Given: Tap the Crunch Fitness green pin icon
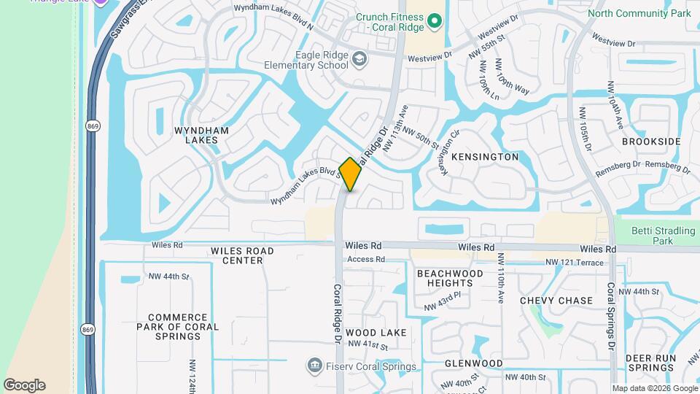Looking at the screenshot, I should (x=435, y=21).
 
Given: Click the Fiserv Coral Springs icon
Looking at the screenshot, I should (x=315, y=364).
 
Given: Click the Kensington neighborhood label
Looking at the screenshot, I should (x=485, y=157).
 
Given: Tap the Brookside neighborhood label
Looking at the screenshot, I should (x=651, y=142).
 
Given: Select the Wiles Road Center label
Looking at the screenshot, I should (x=242, y=255).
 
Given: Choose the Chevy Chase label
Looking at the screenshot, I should (x=556, y=301).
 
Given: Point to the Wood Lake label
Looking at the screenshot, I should (x=376, y=333).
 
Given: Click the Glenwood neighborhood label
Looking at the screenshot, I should (x=474, y=363).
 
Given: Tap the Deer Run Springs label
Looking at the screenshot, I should (x=650, y=363).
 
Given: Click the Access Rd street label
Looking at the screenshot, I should (x=365, y=260).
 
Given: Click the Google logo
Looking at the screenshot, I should (x=24, y=385).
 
